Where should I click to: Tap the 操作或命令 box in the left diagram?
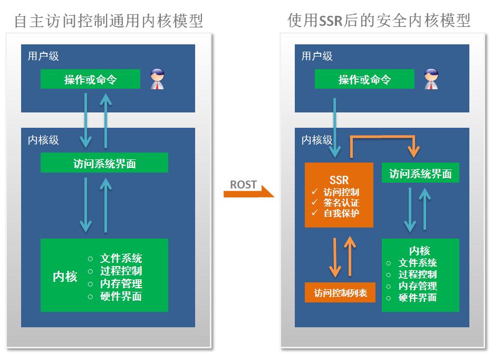pos(90,80)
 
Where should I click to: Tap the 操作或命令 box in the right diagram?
pos(364,80)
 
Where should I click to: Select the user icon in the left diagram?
pos(157,79)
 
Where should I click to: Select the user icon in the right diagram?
pos(431,79)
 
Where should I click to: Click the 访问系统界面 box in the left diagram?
pos(104,163)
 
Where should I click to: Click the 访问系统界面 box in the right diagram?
pos(420,173)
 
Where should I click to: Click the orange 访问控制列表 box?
pos(340,292)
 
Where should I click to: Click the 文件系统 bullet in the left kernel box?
pos(121,259)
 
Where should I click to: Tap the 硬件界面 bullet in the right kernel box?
pos(417,298)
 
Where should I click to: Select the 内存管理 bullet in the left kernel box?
pos(121,284)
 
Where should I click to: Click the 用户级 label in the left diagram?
pos(43,56)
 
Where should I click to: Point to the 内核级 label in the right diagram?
pos(317,140)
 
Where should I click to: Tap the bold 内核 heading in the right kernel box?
pos(420,251)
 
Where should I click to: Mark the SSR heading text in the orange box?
pos(339,180)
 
